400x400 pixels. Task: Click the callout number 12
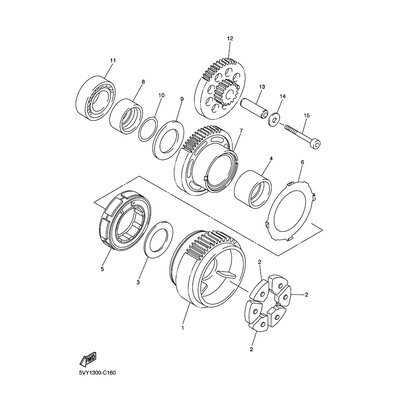(x=230, y=38)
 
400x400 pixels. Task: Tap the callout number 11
(x=112, y=60)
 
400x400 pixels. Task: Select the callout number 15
(x=307, y=115)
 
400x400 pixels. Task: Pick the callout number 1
(x=182, y=328)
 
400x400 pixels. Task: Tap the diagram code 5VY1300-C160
(x=95, y=373)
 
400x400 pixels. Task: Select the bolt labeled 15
(x=303, y=136)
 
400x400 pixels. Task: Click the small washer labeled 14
(x=274, y=120)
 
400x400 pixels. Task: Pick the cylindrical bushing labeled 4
(x=253, y=189)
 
